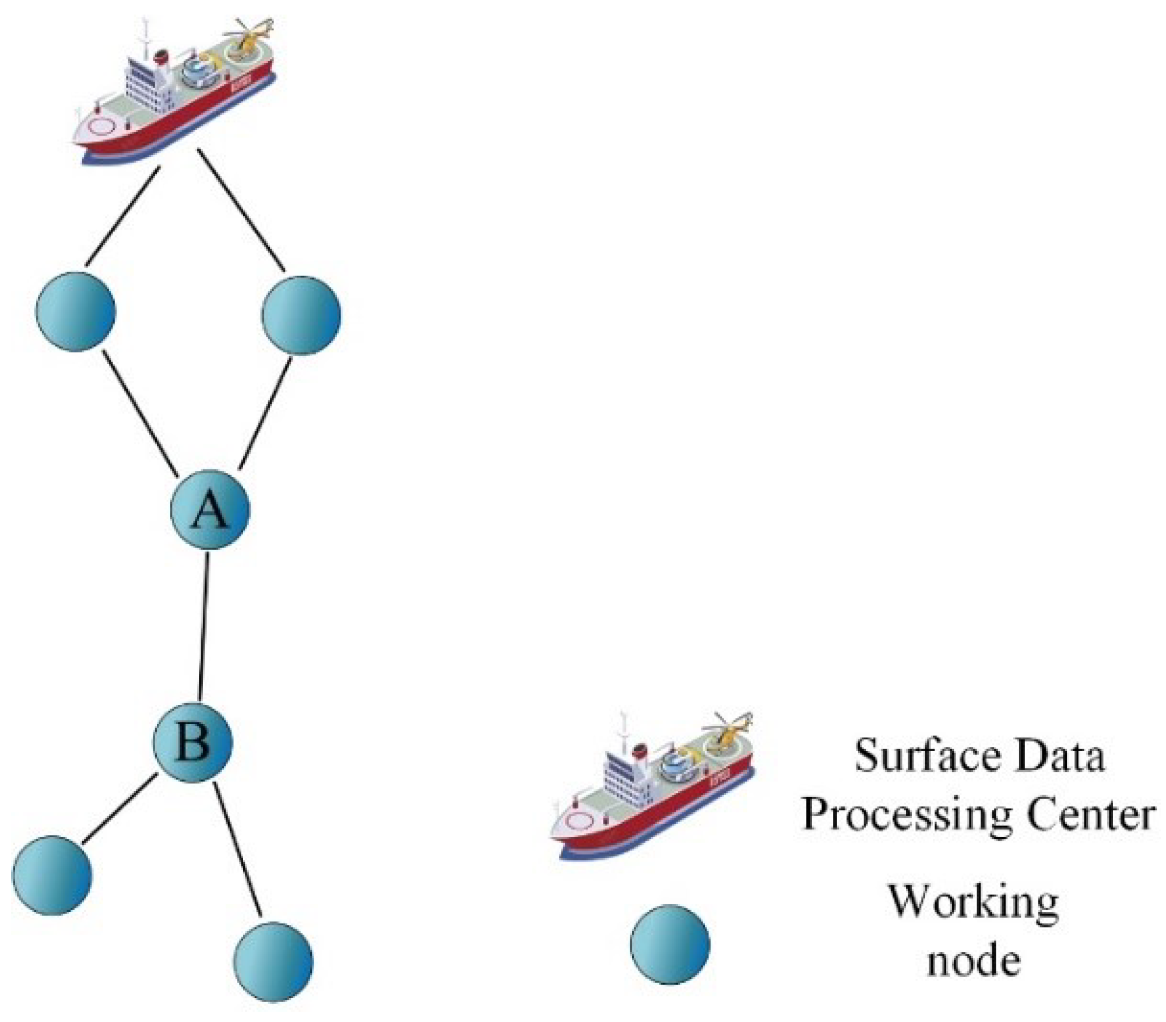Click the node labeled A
(210, 510)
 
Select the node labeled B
(193, 742)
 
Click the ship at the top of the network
(175, 93)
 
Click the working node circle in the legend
(670, 944)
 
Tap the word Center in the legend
(1090, 814)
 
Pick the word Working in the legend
(973, 902)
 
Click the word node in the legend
(973, 960)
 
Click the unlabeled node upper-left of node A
(76, 311)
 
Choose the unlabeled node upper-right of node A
(301, 315)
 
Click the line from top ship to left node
(122, 217)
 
